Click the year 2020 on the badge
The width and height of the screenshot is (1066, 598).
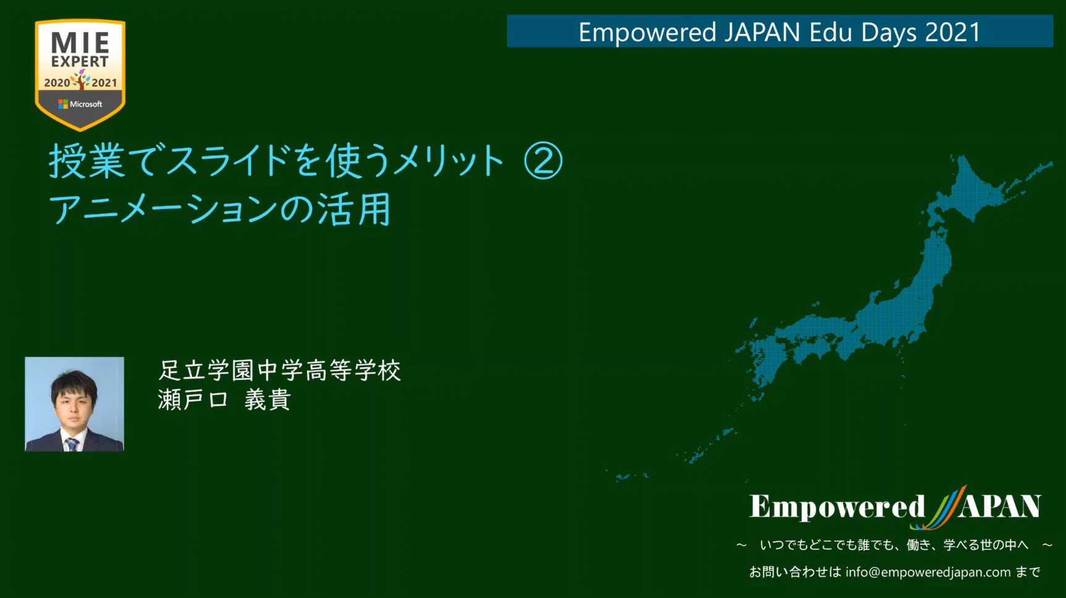[57, 82]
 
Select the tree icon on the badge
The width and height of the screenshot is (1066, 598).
[81, 79]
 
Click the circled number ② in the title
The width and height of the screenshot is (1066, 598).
[543, 161]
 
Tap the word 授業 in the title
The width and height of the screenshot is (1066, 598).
[87, 161]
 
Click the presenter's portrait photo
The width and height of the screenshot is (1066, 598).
[74, 404]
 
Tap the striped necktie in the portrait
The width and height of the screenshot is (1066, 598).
[72, 443]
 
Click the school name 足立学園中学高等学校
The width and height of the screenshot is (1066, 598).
[280, 370]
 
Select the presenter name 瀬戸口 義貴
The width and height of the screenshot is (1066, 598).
[224, 399]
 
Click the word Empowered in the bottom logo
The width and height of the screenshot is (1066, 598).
[837, 507]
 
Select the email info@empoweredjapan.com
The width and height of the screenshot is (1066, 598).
[928, 572]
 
